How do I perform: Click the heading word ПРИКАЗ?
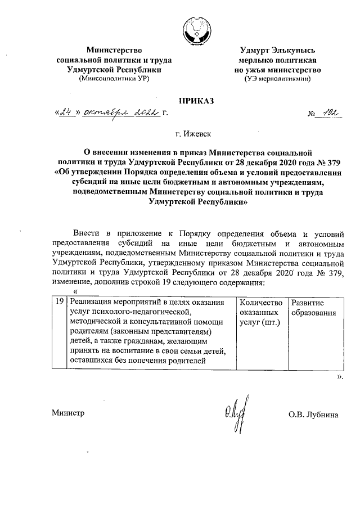point(196,101)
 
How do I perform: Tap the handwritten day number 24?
point(67,113)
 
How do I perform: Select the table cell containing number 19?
point(58,303)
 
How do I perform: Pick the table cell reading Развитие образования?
point(313,307)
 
